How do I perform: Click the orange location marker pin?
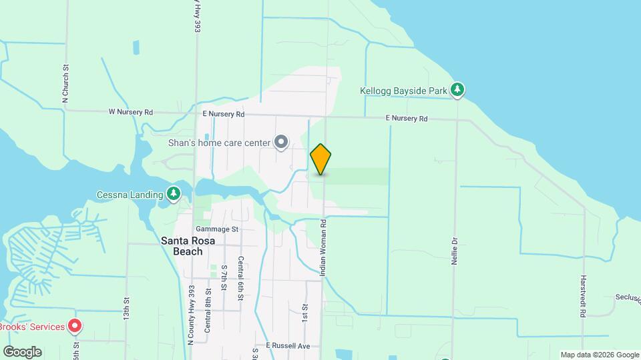click(x=320, y=159)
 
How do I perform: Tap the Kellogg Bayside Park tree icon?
click(x=457, y=90)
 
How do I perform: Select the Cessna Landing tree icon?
click(x=174, y=194)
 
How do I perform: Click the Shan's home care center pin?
click(x=281, y=141)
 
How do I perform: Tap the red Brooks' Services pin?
click(x=75, y=327)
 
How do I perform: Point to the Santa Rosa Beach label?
click(x=188, y=246)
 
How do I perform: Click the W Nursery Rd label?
click(x=131, y=112)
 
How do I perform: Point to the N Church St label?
click(x=65, y=83)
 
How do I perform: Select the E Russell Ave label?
click(x=288, y=346)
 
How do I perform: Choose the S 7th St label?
click(x=224, y=279)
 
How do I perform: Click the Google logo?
click(x=22, y=352)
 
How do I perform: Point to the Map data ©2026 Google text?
click(x=600, y=355)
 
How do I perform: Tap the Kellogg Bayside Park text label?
click(x=403, y=90)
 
